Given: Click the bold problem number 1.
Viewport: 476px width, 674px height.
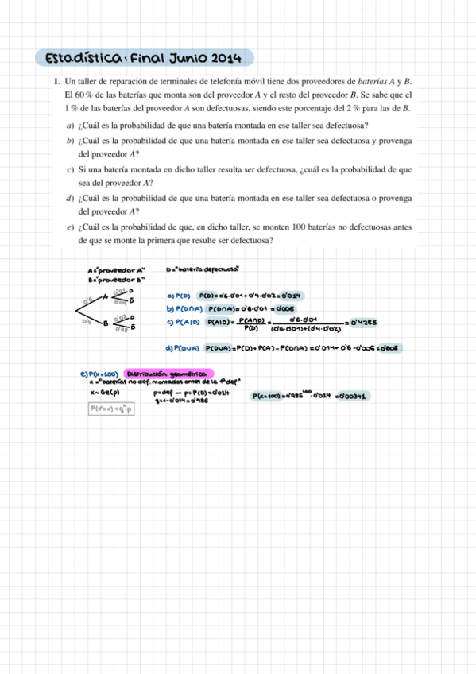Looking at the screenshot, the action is tap(56, 82).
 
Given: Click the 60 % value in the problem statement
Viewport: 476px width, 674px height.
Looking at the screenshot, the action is tap(83, 95).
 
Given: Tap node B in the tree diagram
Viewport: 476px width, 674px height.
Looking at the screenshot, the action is tap(105, 322).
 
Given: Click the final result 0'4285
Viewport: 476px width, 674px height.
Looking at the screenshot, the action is tap(362, 322).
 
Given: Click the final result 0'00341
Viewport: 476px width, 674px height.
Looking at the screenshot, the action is tap(350, 395).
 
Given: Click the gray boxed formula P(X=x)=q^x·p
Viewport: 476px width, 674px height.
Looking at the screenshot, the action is tap(111, 409).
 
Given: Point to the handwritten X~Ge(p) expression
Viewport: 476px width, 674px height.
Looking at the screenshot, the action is tap(106, 392).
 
